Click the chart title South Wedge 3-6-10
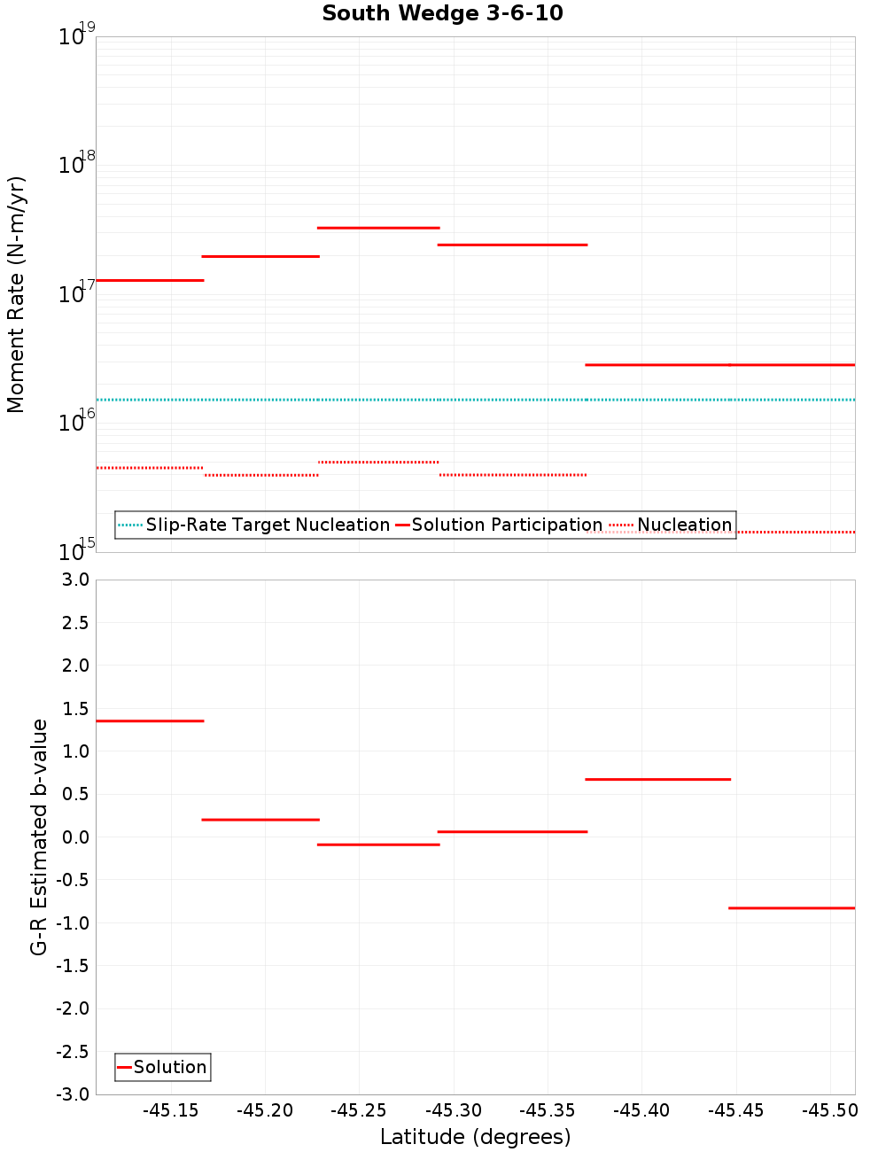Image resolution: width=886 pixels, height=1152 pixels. point(442,13)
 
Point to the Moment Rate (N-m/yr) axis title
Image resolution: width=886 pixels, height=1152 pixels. point(16,294)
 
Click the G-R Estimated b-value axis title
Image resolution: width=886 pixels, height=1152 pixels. point(39,837)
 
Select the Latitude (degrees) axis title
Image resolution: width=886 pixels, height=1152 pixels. point(475,1137)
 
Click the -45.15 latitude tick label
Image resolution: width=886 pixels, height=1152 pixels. point(172,1110)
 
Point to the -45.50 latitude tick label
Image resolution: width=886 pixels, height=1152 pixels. point(829,1110)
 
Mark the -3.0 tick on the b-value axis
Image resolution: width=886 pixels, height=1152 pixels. point(73,1094)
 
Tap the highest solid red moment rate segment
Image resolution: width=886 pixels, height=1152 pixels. point(378,228)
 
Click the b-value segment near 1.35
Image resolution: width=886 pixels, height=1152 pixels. point(150,720)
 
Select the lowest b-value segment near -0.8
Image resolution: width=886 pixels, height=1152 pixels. point(791,907)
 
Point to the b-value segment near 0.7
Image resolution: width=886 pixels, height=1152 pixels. point(658,779)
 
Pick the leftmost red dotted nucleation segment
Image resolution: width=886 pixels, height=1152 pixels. point(150,467)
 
